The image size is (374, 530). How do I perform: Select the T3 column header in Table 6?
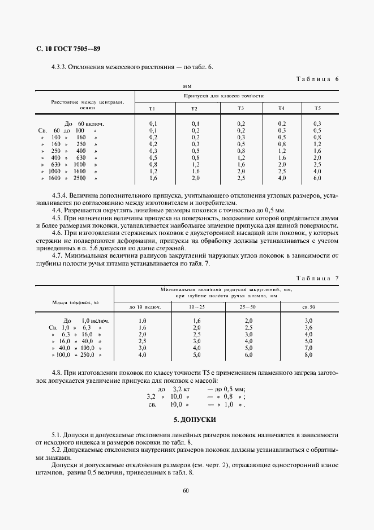pos(240,108)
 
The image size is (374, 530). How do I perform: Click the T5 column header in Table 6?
pos(317,108)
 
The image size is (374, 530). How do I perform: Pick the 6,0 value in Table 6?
pos(317,178)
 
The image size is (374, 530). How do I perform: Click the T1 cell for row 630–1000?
pos(153,165)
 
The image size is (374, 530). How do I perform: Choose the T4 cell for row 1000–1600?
pos(281,172)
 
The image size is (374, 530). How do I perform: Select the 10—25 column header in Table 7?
pos(197,306)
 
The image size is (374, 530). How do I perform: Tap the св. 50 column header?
pos(308,306)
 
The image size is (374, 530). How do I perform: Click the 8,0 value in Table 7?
pos(308,354)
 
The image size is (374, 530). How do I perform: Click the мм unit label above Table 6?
pos(186,86)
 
